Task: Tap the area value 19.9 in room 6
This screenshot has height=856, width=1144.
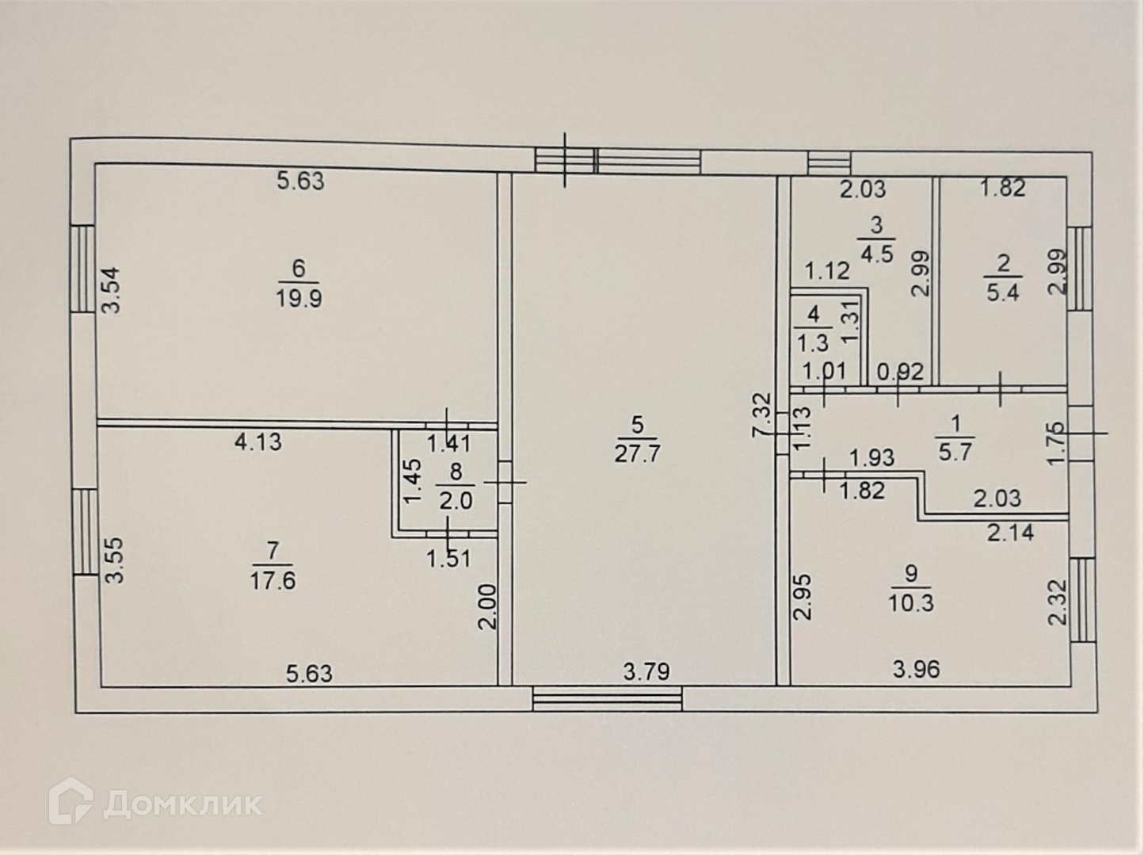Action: tap(299, 299)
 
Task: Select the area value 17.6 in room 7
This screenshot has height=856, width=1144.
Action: tap(273, 580)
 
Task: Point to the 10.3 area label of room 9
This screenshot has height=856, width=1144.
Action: tap(911, 602)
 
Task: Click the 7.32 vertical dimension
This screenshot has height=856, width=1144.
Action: tap(761, 415)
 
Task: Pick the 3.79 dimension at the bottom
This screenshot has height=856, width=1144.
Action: tap(646, 672)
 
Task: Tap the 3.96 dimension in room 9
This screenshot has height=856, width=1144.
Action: tap(916, 670)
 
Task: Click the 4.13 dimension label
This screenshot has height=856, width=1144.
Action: tap(258, 441)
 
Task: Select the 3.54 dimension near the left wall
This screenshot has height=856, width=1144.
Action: tap(113, 291)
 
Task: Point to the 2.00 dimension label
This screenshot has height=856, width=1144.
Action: tap(487, 606)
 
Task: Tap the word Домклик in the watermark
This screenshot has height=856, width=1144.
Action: tap(183, 804)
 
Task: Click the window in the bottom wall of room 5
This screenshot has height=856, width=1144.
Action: tap(608, 698)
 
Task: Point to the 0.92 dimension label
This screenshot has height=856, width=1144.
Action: tap(901, 371)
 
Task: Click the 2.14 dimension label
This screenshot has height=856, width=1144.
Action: tap(1010, 532)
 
